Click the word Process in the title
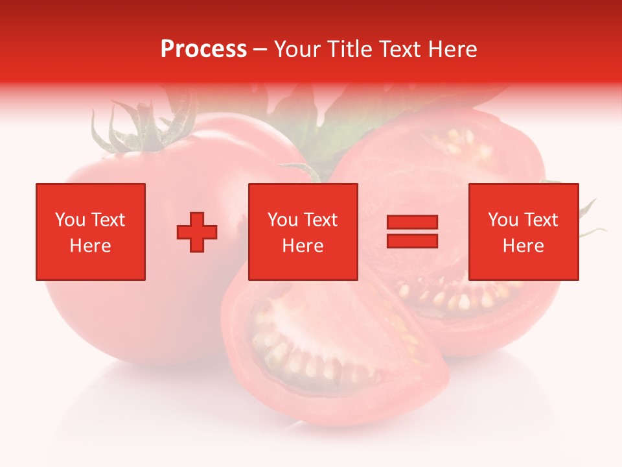(203, 49)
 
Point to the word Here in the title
(452, 49)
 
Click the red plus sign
(197, 232)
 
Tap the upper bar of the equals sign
(412, 222)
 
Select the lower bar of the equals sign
(412, 241)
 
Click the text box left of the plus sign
(91, 232)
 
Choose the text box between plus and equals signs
(303, 232)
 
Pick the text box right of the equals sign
(524, 232)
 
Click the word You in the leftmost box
(70, 220)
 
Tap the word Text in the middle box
(320, 220)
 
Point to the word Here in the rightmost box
(524, 246)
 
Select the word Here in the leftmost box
(91, 246)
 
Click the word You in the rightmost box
(503, 220)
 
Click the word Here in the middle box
(303, 246)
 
